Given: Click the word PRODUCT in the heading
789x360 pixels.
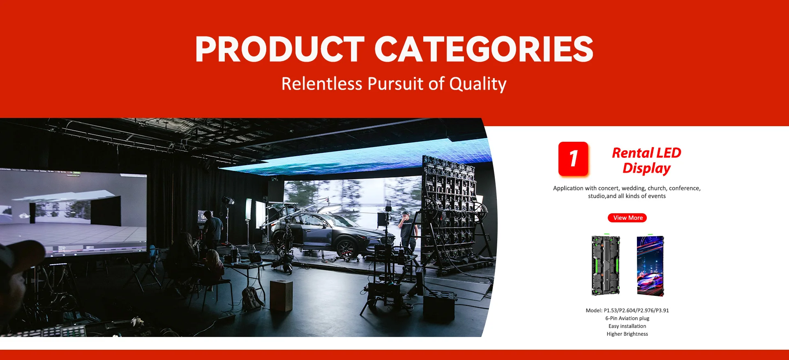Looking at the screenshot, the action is point(280,49).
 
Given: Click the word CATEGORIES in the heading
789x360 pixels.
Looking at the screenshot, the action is point(484,49).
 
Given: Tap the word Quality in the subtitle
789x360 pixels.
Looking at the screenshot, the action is point(478,84).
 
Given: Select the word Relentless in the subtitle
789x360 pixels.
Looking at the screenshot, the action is point(322,83).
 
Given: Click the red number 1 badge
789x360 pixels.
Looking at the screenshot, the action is point(573,159).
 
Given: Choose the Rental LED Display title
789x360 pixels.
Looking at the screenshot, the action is point(646,160).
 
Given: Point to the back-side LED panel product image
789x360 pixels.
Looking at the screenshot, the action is point(606,265).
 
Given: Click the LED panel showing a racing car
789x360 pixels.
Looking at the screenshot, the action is point(650,265).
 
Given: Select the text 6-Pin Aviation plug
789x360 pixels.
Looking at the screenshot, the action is point(627,318).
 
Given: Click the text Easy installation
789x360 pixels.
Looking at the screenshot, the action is point(627,326).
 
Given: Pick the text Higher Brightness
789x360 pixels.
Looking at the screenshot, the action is point(627,334).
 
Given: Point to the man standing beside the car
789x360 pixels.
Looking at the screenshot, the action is point(408,232).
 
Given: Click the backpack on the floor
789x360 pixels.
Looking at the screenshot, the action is point(251,298).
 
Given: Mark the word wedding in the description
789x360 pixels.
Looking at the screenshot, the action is point(633,188).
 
